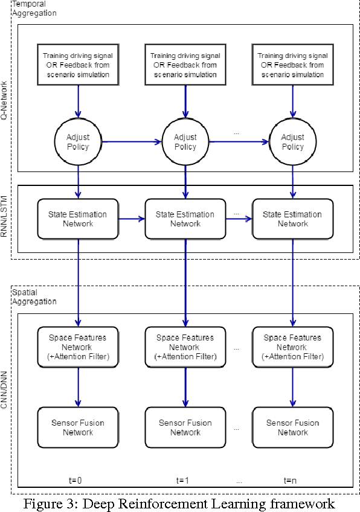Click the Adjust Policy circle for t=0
pos(77,142)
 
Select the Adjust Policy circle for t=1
pos(185,142)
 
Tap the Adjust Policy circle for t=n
pos(292,142)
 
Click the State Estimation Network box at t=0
pos(77,219)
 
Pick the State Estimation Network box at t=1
pos(185,219)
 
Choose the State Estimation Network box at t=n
pos(292,219)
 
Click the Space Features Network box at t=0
pos(77,347)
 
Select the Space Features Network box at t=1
pos(185,347)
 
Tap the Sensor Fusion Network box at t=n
pos(292,427)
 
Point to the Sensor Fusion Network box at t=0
pos(77,427)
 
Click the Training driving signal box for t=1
pos(185,65)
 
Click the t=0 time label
pos(75,481)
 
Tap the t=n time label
pos(291,481)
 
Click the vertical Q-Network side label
pos(5,100)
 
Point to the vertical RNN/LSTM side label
pos(5,220)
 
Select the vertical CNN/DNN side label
pos(5,392)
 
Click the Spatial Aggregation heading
pos(34,296)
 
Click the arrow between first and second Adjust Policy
pos(131,142)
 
